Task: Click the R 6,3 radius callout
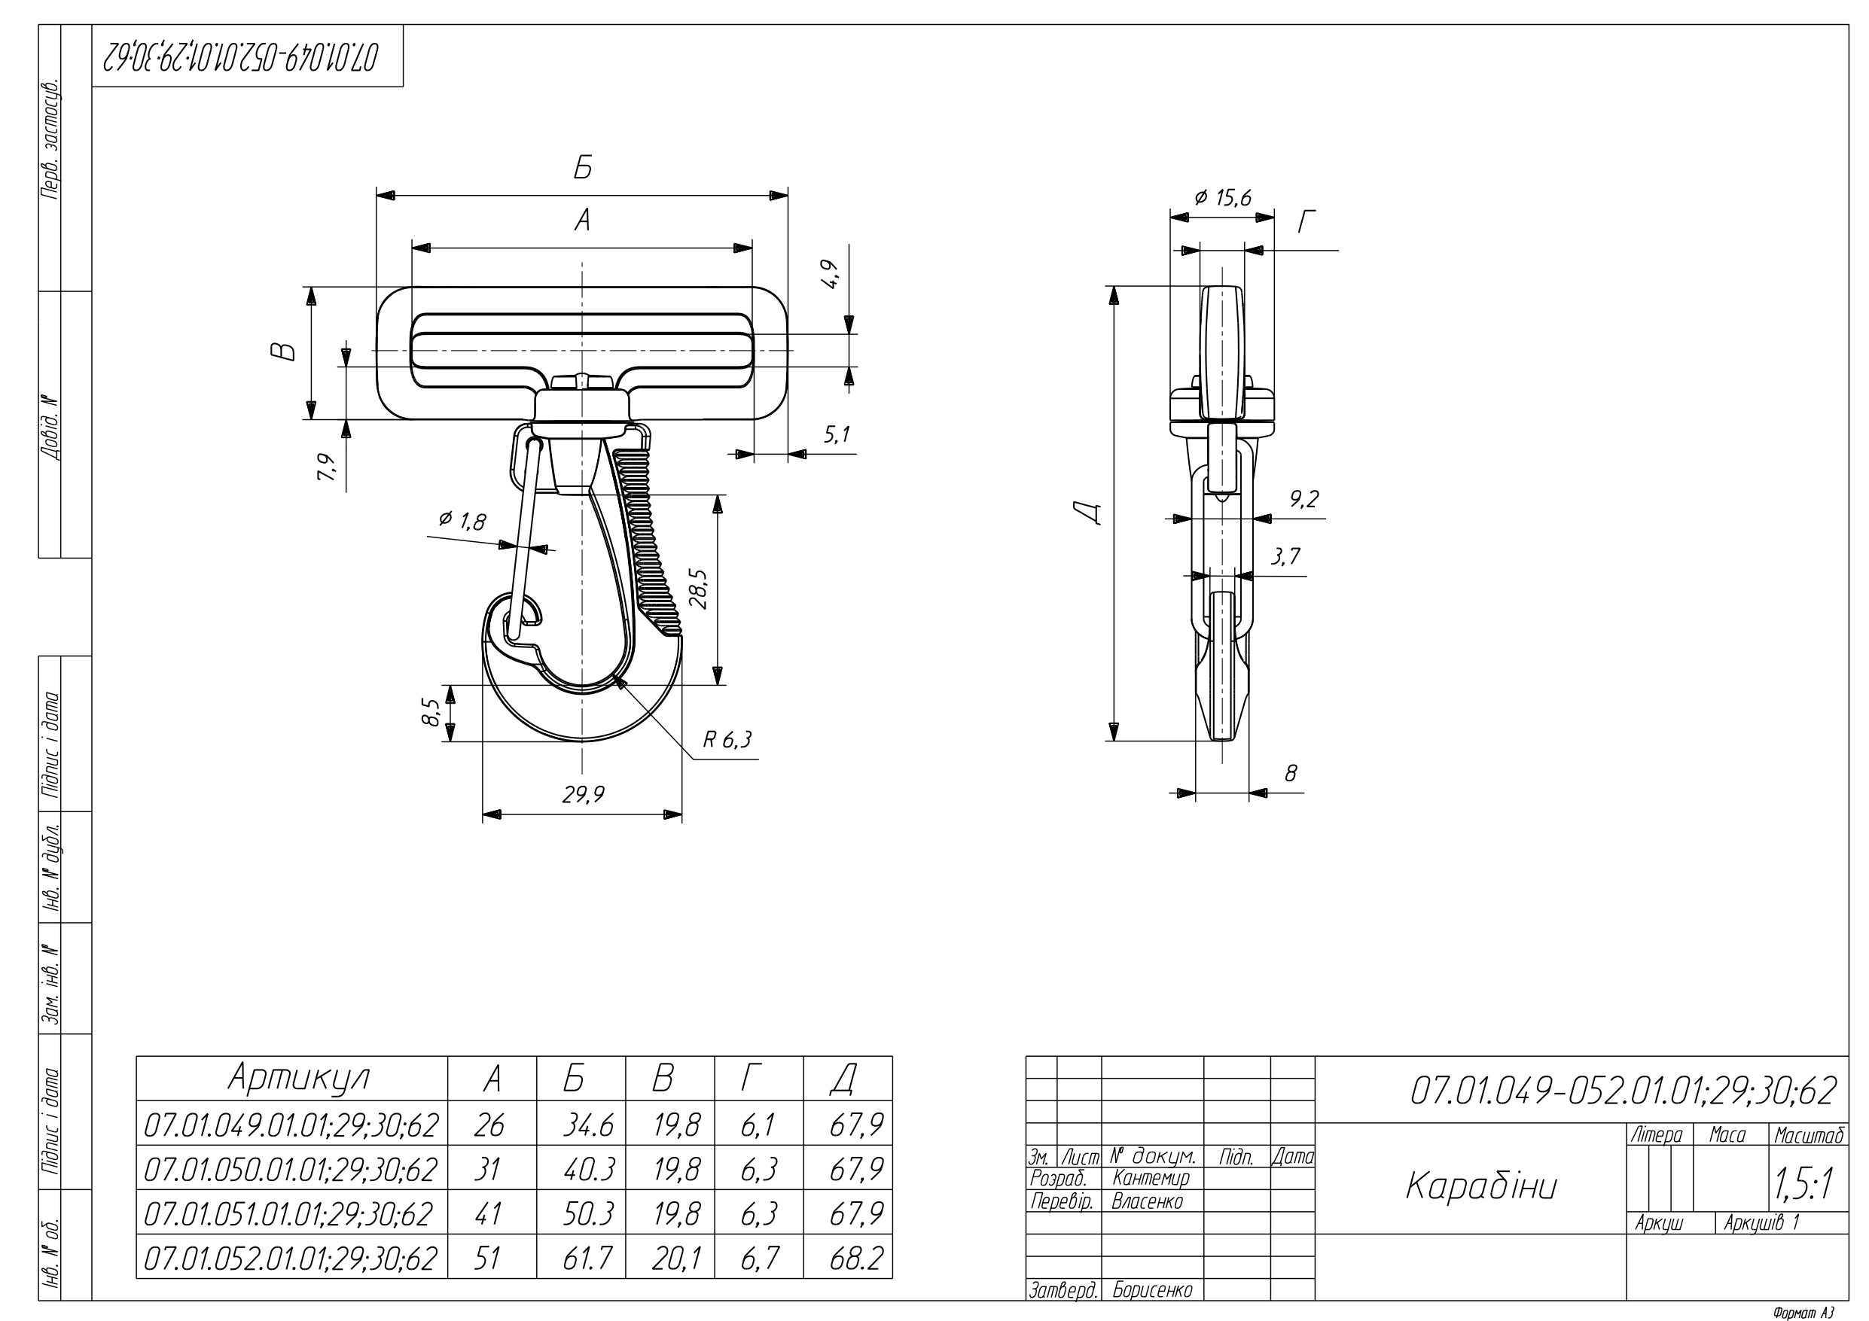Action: click(727, 739)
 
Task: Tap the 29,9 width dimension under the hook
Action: click(583, 793)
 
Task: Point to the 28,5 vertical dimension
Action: click(699, 589)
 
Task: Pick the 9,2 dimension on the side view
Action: click(1303, 499)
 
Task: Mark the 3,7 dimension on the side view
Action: click(1285, 557)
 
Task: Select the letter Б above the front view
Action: click(582, 168)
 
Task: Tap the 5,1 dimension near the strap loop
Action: click(836, 434)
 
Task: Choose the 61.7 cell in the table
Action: click(587, 1259)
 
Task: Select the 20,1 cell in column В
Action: click(675, 1259)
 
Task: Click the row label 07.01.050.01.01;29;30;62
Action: click(291, 1170)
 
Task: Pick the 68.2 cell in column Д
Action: click(855, 1259)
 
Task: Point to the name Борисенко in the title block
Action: click(1152, 1290)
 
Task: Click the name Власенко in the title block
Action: click(1147, 1201)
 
